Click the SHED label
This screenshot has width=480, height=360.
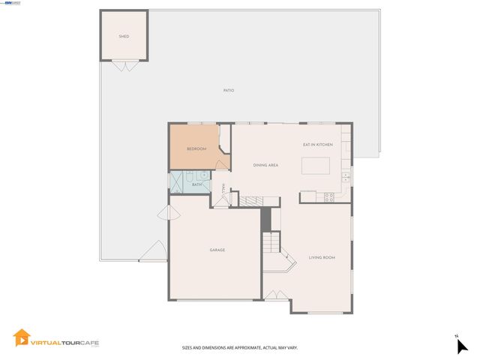(x=124, y=36)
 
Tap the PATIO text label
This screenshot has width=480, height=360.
(x=229, y=91)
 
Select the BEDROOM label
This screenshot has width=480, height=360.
(x=196, y=148)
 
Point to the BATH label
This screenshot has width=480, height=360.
(x=196, y=184)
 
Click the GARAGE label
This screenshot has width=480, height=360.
(x=217, y=250)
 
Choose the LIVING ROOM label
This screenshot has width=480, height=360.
(x=322, y=257)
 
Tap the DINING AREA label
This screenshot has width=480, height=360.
(x=265, y=165)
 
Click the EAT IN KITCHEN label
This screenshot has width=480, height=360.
(x=317, y=145)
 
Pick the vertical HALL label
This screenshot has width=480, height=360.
(x=223, y=189)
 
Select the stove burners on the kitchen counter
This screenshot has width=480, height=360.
(x=328, y=196)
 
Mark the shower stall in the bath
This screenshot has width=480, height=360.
(x=178, y=182)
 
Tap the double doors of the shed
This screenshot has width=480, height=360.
(x=124, y=66)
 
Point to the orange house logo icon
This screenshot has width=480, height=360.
(x=22, y=339)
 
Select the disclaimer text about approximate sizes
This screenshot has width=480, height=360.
(x=240, y=347)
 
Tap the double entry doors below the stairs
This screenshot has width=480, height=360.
(x=275, y=295)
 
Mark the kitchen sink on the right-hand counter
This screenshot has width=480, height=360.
(x=346, y=177)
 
